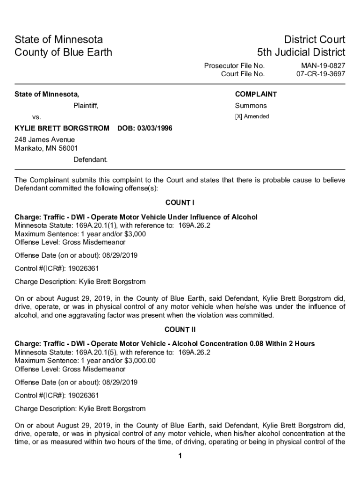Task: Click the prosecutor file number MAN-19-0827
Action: click(x=323, y=66)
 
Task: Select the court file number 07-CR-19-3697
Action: click(x=321, y=74)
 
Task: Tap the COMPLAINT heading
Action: click(x=256, y=94)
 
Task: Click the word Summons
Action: click(x=251, y=106)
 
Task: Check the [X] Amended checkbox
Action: click(x=238, y=116)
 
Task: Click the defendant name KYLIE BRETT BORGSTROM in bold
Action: click(x=62, y=128)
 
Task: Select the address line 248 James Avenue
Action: click(x=45, y=140)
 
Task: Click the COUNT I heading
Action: click(x=180, y=203)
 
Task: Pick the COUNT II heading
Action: click(x=180, y=330)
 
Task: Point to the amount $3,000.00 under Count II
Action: click(x=139, y=361)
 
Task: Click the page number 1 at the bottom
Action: click(x=180, y=457)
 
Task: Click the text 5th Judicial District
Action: click(x=301, y=52)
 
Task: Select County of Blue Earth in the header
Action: click(x=63, y=52)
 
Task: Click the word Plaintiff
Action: click(x=86, y=106)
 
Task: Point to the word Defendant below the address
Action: click(x=90, y=160)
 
